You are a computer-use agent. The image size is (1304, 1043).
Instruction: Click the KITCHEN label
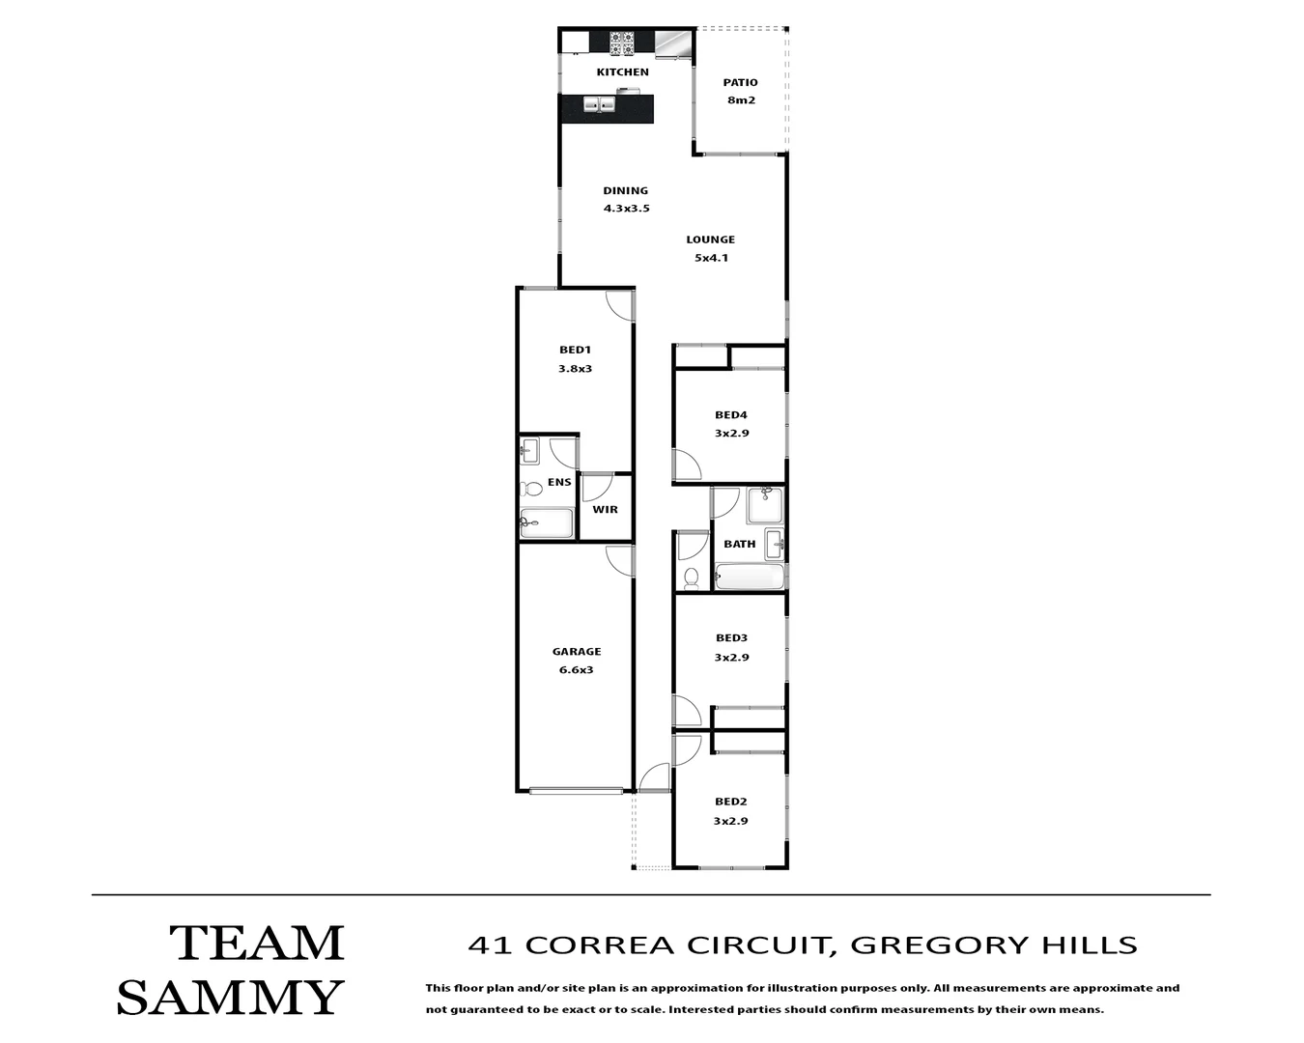[x=622, y=72]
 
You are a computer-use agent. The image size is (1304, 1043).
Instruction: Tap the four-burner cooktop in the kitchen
[x=621, y=42]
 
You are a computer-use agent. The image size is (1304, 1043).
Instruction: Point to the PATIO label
[x=740, y=83]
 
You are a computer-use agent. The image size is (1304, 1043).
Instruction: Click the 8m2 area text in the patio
[x=740, y=100]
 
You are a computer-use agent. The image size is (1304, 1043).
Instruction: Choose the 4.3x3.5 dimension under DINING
[x=626, y=209]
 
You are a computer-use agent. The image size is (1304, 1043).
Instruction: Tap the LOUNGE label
[x=710, y=240]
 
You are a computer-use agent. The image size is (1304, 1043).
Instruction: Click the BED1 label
[x=575, y=351]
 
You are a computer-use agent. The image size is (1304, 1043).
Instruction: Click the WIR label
[x=605, y=510]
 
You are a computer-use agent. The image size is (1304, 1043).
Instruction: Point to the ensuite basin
[x=528, y=449]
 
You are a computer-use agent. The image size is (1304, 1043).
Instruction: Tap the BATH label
[x=739, y=545]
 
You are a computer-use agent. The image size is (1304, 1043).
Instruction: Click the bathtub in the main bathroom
[x=750, y=578]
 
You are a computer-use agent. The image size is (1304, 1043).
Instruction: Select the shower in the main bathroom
[x=765, y=505]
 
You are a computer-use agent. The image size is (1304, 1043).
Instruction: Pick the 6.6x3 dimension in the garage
[x=576, y=670]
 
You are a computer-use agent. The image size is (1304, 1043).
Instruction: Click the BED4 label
[x=731, y=415]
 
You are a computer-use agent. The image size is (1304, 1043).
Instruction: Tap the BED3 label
[x=731, y=638]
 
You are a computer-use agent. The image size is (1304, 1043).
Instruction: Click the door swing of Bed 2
[x=687, y=750]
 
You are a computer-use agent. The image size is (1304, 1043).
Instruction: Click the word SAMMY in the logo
[x=230, y=998]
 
